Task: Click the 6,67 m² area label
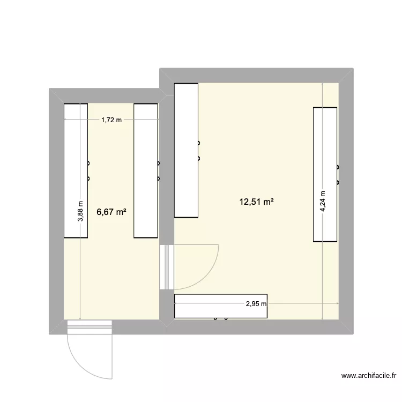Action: click(111, 212)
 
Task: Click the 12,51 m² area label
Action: click(257, 202)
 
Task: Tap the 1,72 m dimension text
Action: click(111, 120)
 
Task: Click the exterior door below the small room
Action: click(89, 325)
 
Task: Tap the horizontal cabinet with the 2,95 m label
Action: click(220, 306)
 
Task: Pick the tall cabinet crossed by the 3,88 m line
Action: click(76, 170)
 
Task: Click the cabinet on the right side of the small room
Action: click(146, 170)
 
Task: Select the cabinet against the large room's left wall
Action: click(187, 150)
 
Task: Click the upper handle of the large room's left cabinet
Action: click(199, 143)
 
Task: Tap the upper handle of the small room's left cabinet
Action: click(88, 163)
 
